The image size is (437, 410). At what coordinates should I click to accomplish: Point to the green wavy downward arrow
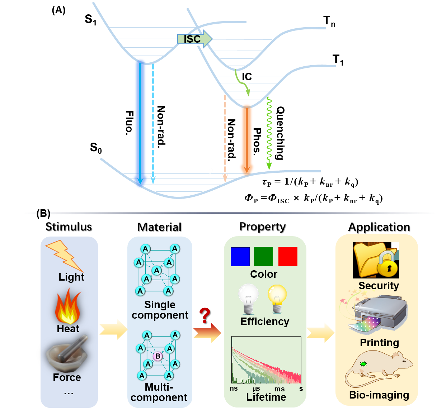(269, 133)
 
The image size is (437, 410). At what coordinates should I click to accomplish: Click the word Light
(71, 277)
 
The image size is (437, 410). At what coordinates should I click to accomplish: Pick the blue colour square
(240, 257)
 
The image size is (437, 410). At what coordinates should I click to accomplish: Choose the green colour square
(263, 256)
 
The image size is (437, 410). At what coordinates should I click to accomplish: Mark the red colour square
(288, 256)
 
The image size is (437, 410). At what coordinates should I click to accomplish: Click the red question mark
(205, 315)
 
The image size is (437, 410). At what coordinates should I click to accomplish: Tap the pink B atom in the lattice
(158, 357)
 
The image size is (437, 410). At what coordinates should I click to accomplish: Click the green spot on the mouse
(363, 364)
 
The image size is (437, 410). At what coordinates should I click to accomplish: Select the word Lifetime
(266, 397)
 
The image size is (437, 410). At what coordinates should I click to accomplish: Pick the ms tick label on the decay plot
(279, 389)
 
